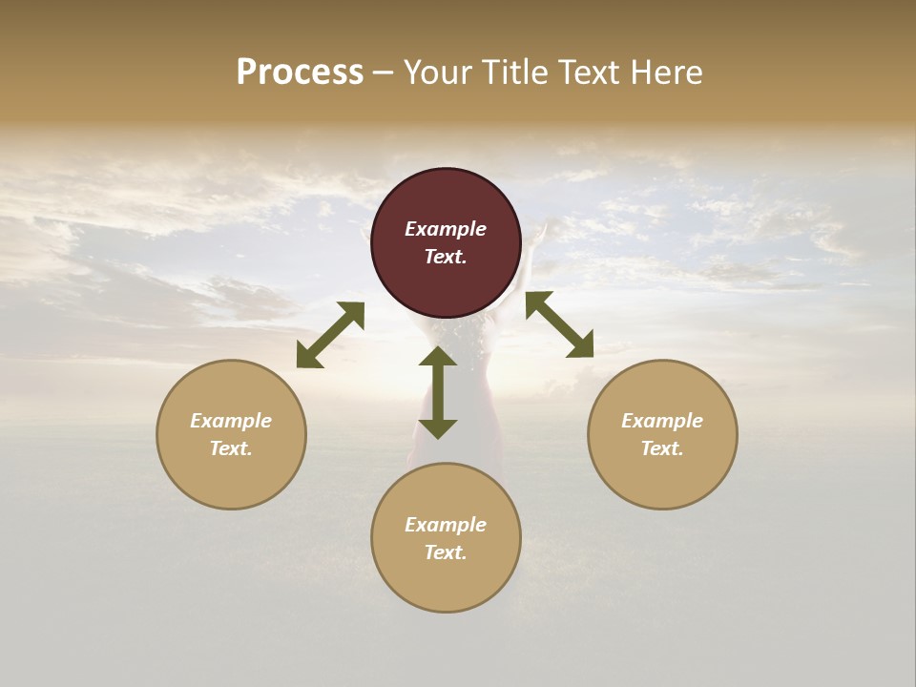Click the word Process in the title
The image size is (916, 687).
300,73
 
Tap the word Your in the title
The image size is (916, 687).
441,73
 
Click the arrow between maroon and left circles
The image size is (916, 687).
330,335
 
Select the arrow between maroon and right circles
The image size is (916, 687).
559,324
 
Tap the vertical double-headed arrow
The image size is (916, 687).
438,392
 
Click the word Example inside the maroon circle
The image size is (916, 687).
446,229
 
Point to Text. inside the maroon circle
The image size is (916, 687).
446,257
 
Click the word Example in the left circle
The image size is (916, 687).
231,421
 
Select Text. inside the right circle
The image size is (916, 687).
662,448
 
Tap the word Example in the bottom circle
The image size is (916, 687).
446,525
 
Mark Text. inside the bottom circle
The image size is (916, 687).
446,552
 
